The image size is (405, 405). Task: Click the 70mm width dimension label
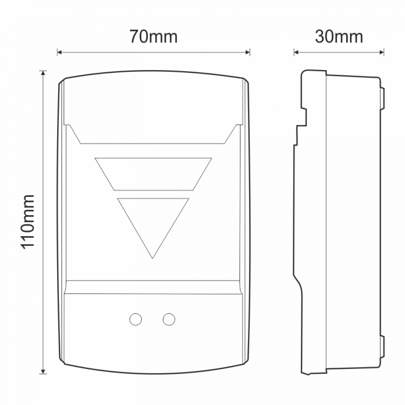pos(153,36)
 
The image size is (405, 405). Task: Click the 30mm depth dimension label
pos(339,36)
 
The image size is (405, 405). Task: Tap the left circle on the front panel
pos(135,320)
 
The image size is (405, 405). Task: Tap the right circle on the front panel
pos(169,320)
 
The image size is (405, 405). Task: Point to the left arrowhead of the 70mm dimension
pos(59,52)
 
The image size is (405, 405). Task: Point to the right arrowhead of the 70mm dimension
pos(248,52)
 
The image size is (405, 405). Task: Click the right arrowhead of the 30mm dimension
pos(382,52)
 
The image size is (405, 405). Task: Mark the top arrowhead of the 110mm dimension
pos(43,73)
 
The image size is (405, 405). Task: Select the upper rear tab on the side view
pos(382,99)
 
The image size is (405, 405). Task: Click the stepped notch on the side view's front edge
pos(302,122)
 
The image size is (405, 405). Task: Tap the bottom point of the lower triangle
pos(152,258)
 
